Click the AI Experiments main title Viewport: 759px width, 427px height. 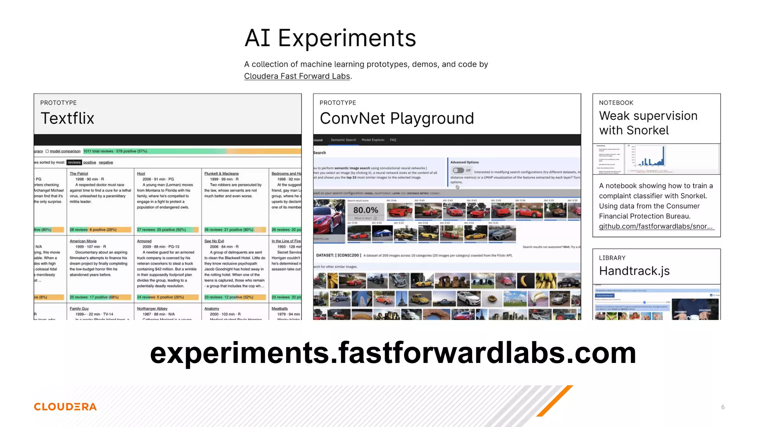(330, 38)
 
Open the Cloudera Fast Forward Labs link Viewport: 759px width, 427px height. (297, 76)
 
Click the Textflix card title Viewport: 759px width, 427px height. (67, 119)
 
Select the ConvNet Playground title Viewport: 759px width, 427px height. (397, 119)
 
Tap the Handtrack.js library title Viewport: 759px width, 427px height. (634, 271)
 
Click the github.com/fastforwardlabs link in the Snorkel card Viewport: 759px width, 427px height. (655, 226)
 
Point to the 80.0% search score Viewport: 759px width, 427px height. (365, 210)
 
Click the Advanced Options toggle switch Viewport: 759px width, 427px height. (458, 171)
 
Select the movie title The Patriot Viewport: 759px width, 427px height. (79, 173)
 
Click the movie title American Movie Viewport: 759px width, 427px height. (83, 241)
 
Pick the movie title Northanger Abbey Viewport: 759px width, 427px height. (152, 308)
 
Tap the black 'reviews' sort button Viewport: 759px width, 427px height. (74, 162)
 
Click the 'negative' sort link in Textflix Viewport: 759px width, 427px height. (106, 162)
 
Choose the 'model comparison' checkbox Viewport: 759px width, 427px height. (47, 151)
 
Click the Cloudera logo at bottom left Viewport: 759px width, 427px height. (65, 407)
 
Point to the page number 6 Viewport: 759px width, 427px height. (723, 407)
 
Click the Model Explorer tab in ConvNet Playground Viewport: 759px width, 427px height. (373, 140)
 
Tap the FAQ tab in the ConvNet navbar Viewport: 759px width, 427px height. (393, 140)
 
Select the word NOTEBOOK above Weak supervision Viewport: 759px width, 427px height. (616, 103)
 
